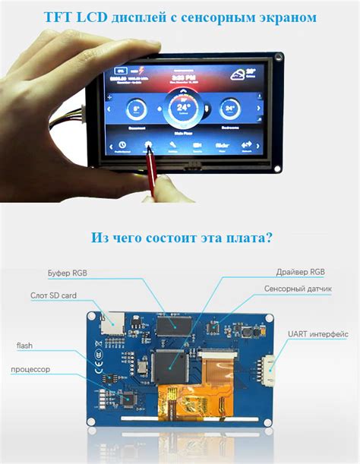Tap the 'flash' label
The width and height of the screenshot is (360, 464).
(24, 346)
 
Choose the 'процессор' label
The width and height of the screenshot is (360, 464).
(31, 369)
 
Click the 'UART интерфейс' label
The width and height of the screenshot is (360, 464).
(318, 333)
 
